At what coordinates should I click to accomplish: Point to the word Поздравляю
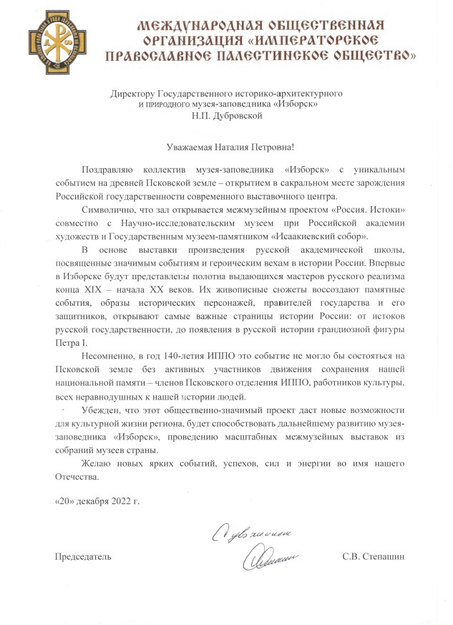click(107, 170)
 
